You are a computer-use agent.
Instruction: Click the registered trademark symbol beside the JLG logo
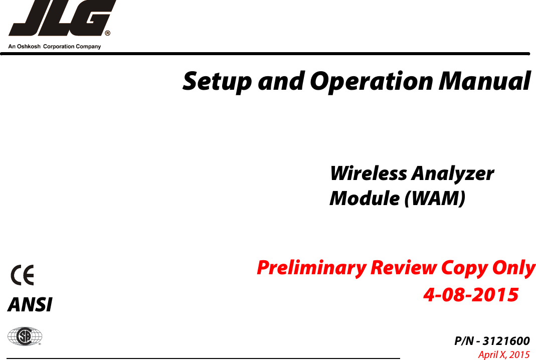click(107, 34)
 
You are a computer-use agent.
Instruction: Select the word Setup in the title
click(215, 81)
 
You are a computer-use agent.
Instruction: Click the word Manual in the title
click(484, 81)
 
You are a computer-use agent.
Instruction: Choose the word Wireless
click(368, 173)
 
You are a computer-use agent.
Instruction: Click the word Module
click(364, 199)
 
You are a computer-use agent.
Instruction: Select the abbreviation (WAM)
click(434, 199)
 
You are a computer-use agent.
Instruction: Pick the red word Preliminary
click(311, 268)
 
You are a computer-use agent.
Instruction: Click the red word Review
click(403, 268)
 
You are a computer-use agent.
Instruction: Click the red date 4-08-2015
click(471, 295)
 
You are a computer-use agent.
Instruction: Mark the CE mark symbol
click(23, 276)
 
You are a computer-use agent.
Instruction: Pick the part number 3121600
click(506, 342)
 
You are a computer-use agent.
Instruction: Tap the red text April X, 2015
click(503, 355)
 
